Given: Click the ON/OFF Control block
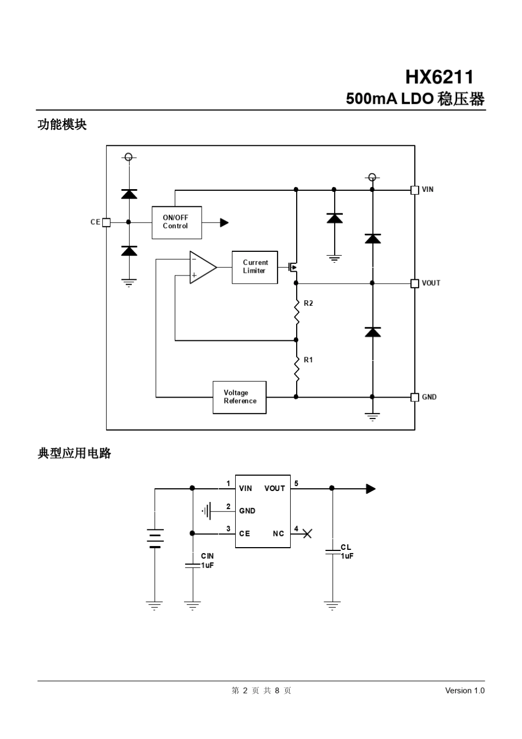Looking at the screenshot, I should click(176, 223).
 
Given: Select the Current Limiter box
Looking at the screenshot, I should click(254, 267).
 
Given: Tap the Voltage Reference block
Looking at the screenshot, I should click(240, 397).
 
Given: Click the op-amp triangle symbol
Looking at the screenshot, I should click(202, 267).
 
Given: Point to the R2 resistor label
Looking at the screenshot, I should click(308, 304).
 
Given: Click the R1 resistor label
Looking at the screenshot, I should click(308, 360).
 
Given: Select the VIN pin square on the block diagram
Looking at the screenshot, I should click(415, 190).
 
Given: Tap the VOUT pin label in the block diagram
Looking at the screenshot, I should click(431, 283).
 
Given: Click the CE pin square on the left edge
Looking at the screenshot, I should click(107, 222).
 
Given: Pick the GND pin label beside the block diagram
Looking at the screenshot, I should click(429, 397).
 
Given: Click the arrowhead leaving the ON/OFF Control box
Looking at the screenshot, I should click(224, 223).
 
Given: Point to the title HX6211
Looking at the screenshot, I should click(439, 76).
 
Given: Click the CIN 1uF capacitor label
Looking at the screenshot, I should click(207, 561).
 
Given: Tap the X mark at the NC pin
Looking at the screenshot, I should click(307, 533).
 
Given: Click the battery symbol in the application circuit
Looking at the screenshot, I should click(155, 539).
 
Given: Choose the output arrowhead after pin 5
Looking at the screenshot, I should click(371, 489).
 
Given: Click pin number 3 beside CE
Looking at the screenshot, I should click(228, 529).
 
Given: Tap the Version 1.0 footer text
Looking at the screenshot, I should click(464, 691).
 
